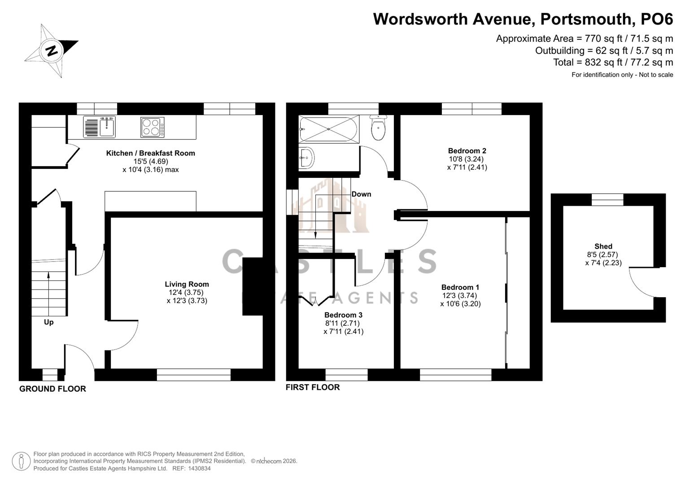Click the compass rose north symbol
coord(52,50)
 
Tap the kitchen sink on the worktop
coord(100,127)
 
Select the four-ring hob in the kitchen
coord(153,127)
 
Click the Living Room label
coord(187,284)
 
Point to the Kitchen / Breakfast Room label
coord(150,153)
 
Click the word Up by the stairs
coord(48,322)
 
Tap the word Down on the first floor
coord(361,194)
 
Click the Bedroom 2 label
coord(467,151)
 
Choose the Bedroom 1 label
coord(460,287)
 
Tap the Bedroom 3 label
coord(343,315)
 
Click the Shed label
coord(603,246)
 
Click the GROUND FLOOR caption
coord(52,389)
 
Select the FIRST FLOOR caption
coord(313,387)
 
